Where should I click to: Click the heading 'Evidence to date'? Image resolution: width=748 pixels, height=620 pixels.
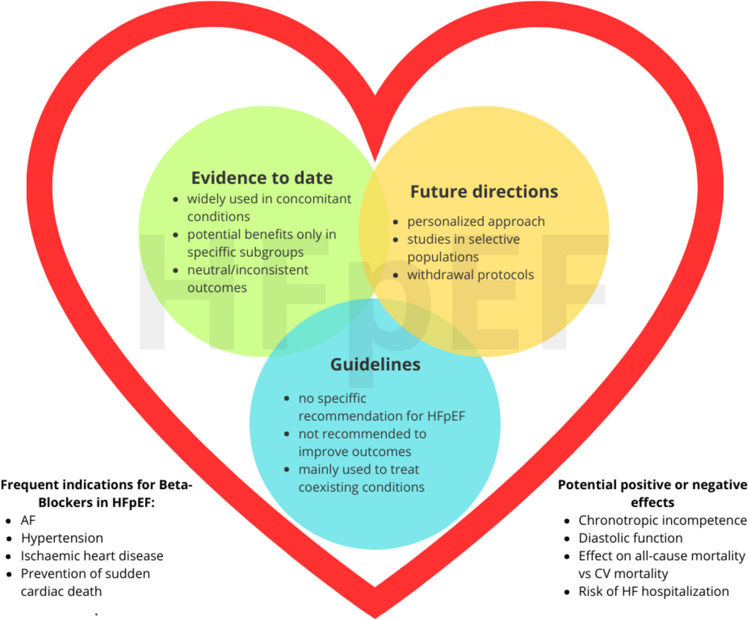point(262,178)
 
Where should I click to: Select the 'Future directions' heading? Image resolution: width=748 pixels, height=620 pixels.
point(484,191)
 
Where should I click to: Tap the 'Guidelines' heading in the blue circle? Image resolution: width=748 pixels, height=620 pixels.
point(375,364)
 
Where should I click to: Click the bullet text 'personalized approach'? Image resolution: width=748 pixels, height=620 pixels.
point(476,221)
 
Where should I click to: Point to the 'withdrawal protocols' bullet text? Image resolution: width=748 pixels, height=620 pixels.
point(470,275)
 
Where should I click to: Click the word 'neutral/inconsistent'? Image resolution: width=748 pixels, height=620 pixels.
point(248,270)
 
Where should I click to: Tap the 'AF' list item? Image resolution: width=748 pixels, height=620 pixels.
point(28,520)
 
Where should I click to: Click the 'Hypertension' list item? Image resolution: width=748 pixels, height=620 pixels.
point(62,538)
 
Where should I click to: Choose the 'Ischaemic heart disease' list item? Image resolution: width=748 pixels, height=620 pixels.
point(92,556)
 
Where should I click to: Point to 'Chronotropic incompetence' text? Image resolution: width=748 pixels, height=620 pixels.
point(662,520)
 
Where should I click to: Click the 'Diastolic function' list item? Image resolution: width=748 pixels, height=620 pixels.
point(630,538)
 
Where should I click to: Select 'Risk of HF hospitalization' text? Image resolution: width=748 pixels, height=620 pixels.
point(653,592)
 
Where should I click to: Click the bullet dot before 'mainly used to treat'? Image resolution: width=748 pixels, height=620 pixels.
point(287,469)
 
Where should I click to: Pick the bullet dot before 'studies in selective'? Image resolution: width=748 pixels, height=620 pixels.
point(396,240)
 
